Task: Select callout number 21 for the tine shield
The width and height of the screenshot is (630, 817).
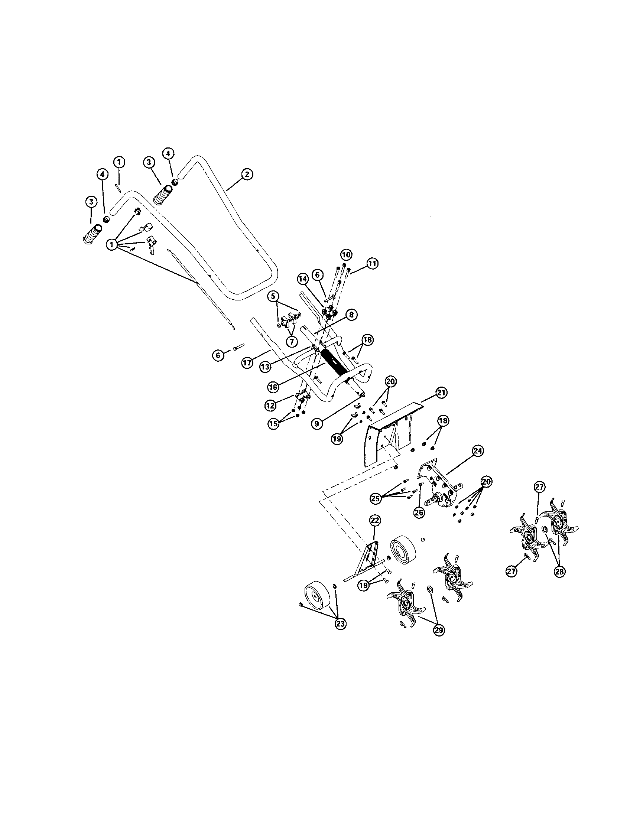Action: pos(441,393)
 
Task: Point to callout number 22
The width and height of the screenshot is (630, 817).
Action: pos(375,520)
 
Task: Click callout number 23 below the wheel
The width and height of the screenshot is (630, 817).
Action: pos(340,624)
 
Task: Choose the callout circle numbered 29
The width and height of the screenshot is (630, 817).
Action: pos(439,630)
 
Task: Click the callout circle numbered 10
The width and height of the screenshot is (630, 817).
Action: pos(346,255)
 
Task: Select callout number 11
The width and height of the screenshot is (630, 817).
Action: pos(372,264)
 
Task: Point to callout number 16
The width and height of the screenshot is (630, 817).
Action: pos(273,387)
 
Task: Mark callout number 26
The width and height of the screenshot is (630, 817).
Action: pos(419,512)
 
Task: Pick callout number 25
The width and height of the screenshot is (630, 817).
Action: pos(376,498)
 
